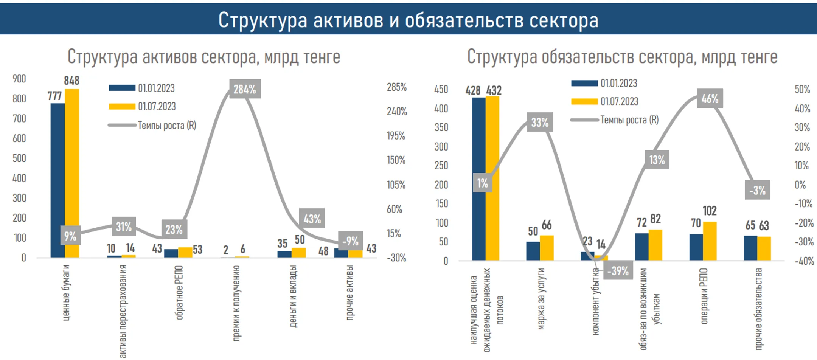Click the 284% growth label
[x=245, y=89]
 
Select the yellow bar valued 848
[x=72, y=173]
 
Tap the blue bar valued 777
[x=58, y=180]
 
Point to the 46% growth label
[x=710, y=98]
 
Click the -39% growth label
[x=618, y=271]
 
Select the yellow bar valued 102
[x=710, y=241]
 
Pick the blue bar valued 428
[x=478, y=179]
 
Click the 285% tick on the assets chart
[x=396, y=87]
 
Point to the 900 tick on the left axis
[x=19, y=79]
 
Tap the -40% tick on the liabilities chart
[x=804, y=261]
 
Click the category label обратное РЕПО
[x=179, y=292]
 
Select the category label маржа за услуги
[x=541, y=299]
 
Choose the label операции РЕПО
[x=704, y=296]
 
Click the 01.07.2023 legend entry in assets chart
[x=143, y=107]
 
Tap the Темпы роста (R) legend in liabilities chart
[x=615, y=120]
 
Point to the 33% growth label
[x=540, y=122]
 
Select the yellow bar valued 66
[x=547, y=248]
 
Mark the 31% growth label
[x=124, y=227]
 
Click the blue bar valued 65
[x=750, y=248]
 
